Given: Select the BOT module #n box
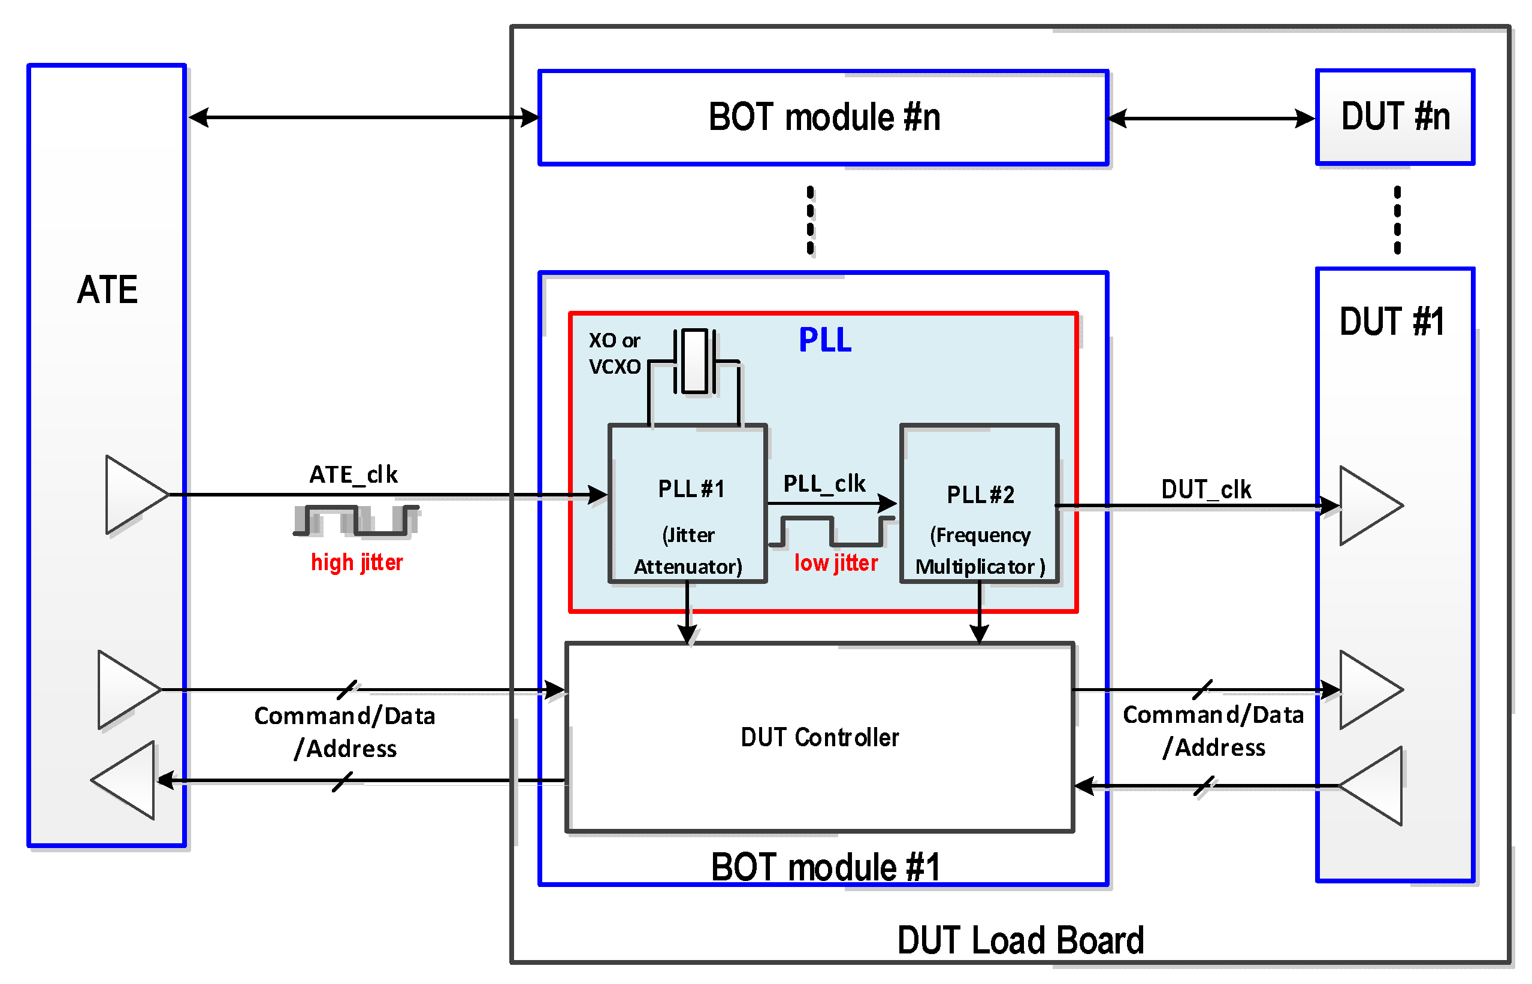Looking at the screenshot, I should [823, 117].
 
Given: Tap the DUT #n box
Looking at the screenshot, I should [1394, 117].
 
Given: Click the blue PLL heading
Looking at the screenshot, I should [824, 340].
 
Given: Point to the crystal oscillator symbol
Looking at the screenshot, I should [694, 362].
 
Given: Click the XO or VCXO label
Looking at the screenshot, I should [614, 353].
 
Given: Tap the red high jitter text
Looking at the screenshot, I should [356, 562].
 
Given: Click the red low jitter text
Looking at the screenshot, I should [835, 563].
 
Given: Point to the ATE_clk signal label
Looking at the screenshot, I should [353, 475].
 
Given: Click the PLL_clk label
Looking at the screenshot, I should [824, 484].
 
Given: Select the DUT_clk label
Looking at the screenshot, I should [1205, 489].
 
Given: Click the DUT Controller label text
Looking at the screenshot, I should [820, 737].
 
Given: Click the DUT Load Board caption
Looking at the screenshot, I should [1020, 940].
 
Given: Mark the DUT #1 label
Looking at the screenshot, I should [1391, 322].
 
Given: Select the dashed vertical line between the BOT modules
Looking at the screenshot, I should [811, 220].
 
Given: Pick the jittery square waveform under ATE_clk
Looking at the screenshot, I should [356, 520].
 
